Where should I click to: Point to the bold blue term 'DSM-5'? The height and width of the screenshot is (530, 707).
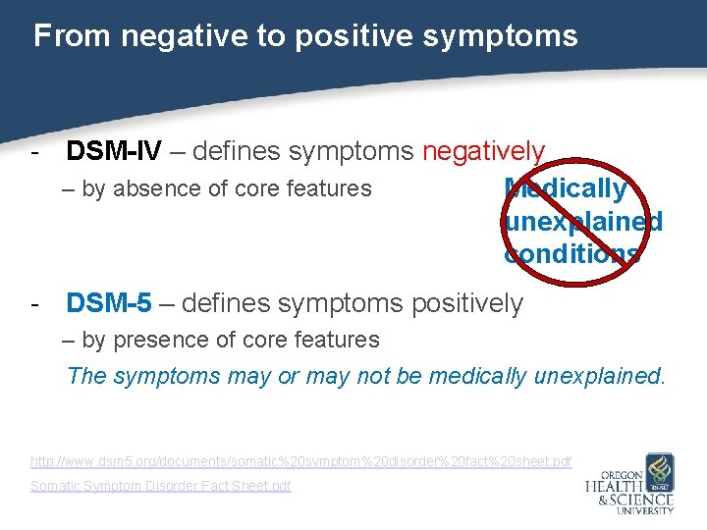109,303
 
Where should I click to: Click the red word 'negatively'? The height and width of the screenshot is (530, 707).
483,151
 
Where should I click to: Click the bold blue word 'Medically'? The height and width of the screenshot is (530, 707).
565,188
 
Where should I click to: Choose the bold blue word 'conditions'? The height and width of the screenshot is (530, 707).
571,253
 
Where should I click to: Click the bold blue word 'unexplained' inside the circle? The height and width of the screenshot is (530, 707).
582,221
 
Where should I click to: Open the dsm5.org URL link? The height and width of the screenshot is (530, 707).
300,460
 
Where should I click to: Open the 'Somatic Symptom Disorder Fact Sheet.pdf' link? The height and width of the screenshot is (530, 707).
161,486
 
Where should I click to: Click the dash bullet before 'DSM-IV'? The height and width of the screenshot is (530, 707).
35,152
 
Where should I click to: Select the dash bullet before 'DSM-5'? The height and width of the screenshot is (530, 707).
35,304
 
